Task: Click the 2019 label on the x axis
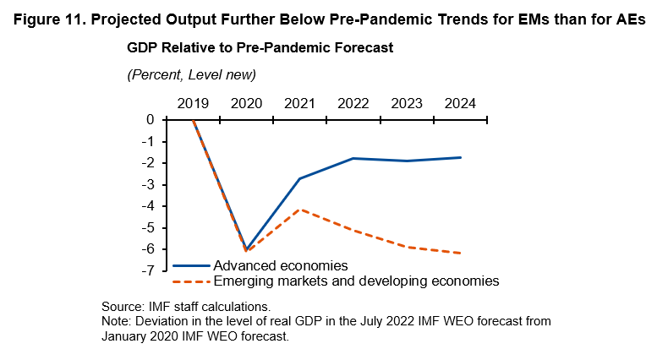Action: click(x=194, y=103)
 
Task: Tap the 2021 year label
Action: click(x=300, y=103)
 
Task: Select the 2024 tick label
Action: click(x=460, y=103)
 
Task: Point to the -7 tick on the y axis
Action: click(x=147, y=270)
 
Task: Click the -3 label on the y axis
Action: click(x=147, y=184)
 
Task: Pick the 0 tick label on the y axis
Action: click(x=150, y=120)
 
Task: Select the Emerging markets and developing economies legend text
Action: click(x=356, y=281)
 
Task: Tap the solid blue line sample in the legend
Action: click(x=190, y=265)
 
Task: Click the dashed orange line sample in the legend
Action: click(x=190, y=281)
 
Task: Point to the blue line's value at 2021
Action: click(x=300, y=178)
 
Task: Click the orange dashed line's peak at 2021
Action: click(x=300, y=209)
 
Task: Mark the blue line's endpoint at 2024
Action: click(x=460, y=157)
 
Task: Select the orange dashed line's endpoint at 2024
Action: click(x=460, y=253)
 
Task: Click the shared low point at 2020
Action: click(x=247, y=250)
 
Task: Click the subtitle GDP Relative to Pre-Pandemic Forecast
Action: click(x=260, y=48)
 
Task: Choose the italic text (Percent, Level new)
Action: click(x=191, y=74)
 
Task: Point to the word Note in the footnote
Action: click(x=115, y=322)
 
